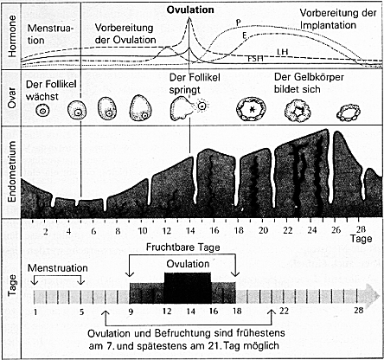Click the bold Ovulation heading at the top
(x=190, y=10)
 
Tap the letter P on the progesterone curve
(x=239, y=22)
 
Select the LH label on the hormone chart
(x=283, y=52)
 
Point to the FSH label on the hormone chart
(x=256, y=59)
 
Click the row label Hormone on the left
(x=12, y=36)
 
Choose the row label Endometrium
(x=12, y=172)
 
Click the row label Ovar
(x=12, y=98)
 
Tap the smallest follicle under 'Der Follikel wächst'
(x=42, y=111)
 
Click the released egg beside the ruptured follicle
(x=202, y=106)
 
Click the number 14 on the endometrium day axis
(x=190, y=231)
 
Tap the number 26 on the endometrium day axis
(x=336, y=230)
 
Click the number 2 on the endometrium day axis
(x=46, y=231)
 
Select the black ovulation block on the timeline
(x=188, y=288)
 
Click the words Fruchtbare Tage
(x=183, y=247)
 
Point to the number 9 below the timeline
(x=131, y=312)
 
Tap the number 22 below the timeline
(x=284, y=311)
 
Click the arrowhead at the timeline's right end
(x=374, y=295)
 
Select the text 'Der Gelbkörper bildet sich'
(x=309, y=83)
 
